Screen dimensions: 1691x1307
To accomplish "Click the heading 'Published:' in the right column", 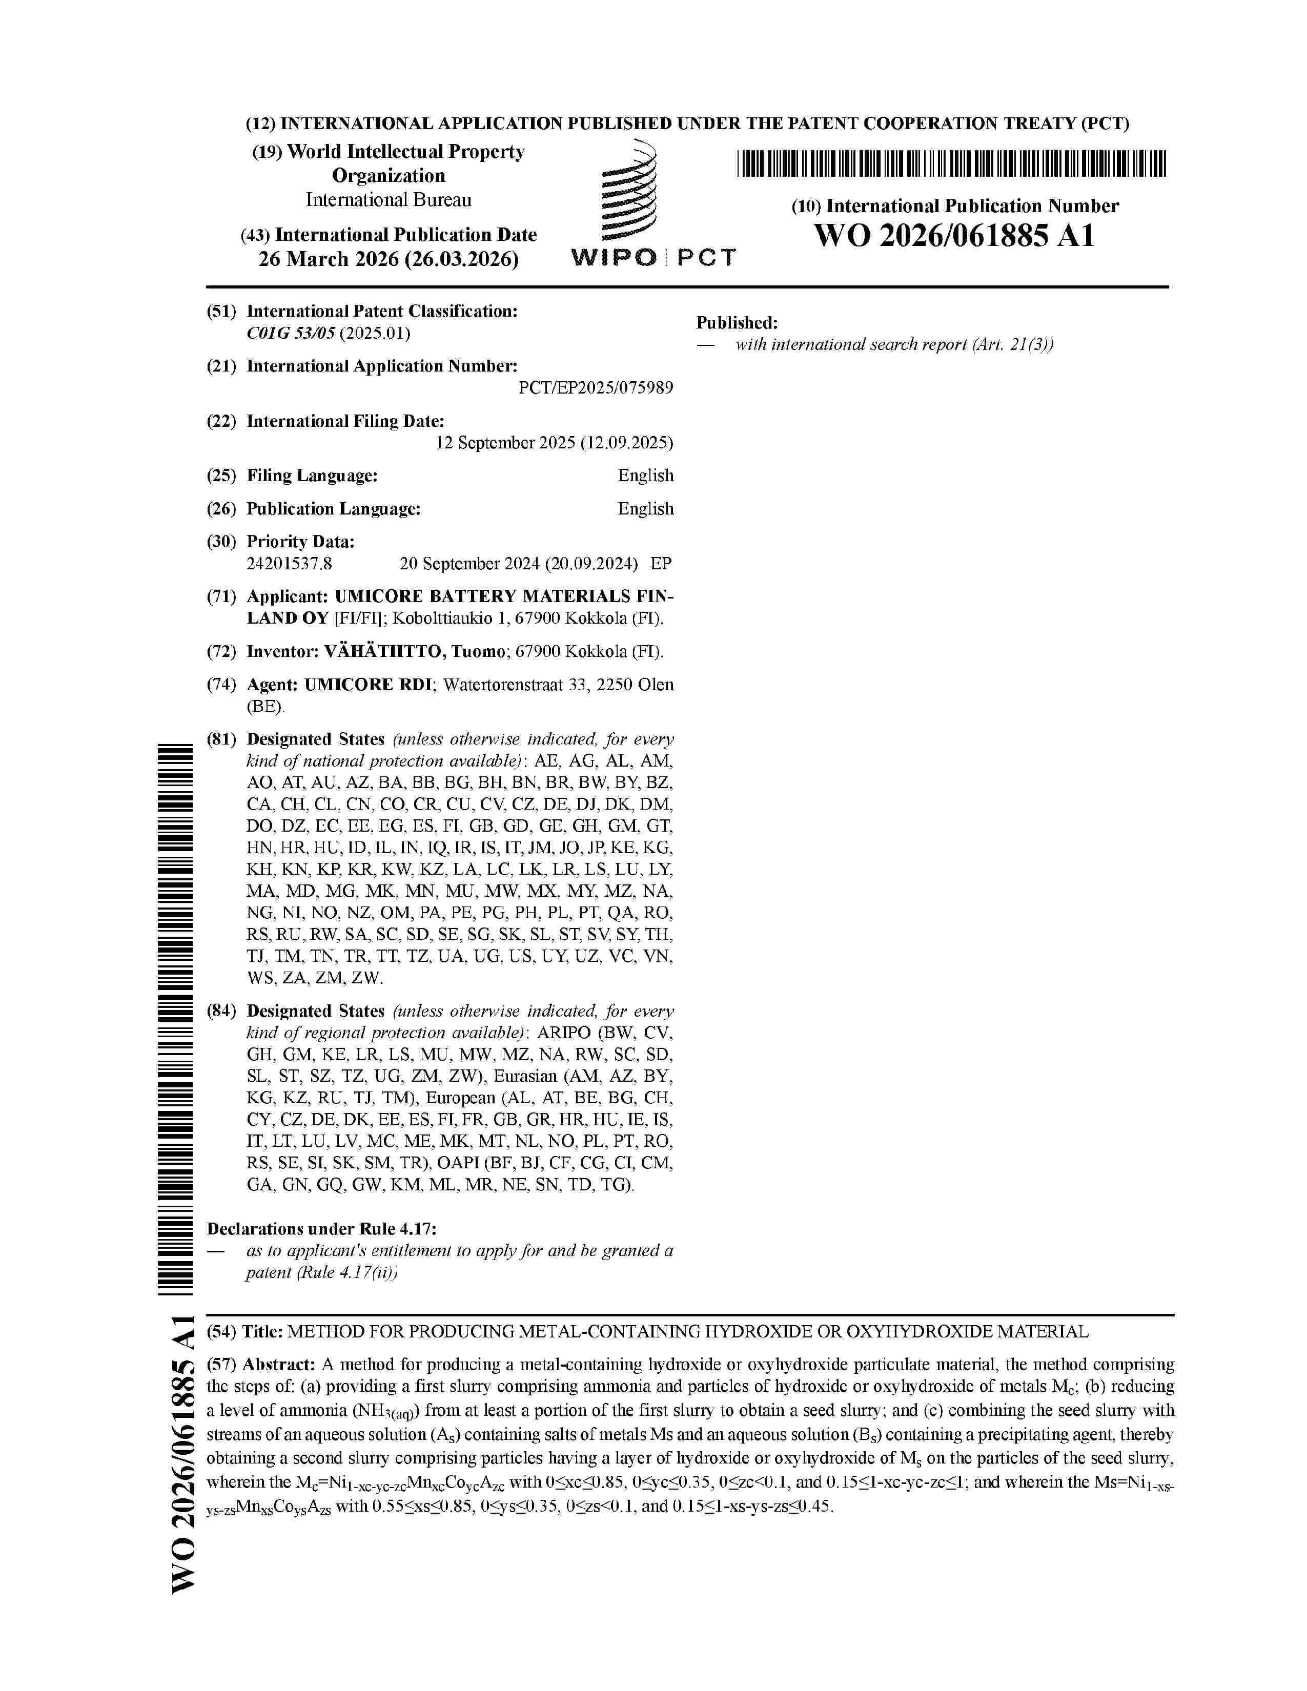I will click(737, 323).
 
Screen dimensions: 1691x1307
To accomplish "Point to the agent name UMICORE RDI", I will click(368, 685).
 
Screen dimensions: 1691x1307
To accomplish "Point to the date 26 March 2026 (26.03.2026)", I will click(389, 259).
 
